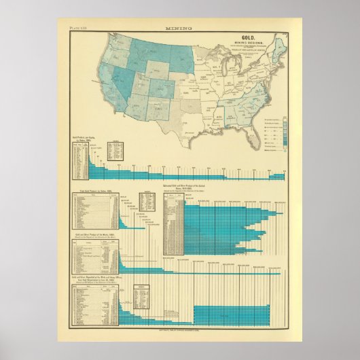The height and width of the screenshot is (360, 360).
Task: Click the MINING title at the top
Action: click(x=179, y=29)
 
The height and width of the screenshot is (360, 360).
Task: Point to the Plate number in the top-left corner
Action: click(x=79, y=29)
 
